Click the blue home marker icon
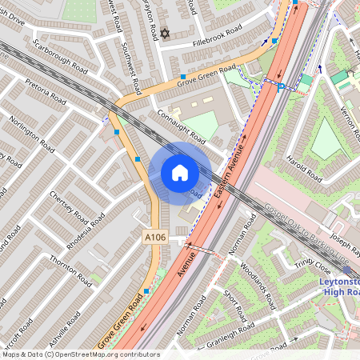pyautogui.click(x=179, y=173)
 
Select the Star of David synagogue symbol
pyautogui.click(x=166, y=34)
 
